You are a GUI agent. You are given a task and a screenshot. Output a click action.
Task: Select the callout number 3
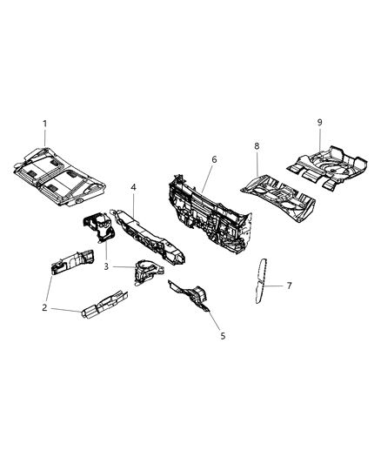click(107, 266)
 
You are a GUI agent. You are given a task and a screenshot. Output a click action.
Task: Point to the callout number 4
click(133, 187)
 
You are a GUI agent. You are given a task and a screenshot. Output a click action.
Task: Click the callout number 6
click(214, 160)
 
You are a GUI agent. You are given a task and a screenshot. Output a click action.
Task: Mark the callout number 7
click(291, 285)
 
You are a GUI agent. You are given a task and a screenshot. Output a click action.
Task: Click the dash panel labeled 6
click(209, 203)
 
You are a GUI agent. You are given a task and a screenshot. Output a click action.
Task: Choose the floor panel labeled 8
click(278, 193)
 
